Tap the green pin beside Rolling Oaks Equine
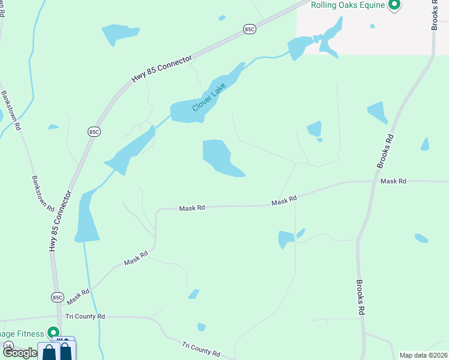(394, 5)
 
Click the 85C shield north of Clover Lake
(250, 28)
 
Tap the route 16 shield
(8, 346)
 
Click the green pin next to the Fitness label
(53, 332)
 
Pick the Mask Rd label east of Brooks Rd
(393, 181)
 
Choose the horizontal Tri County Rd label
(85, 316)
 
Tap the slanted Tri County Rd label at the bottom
(201, 349)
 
